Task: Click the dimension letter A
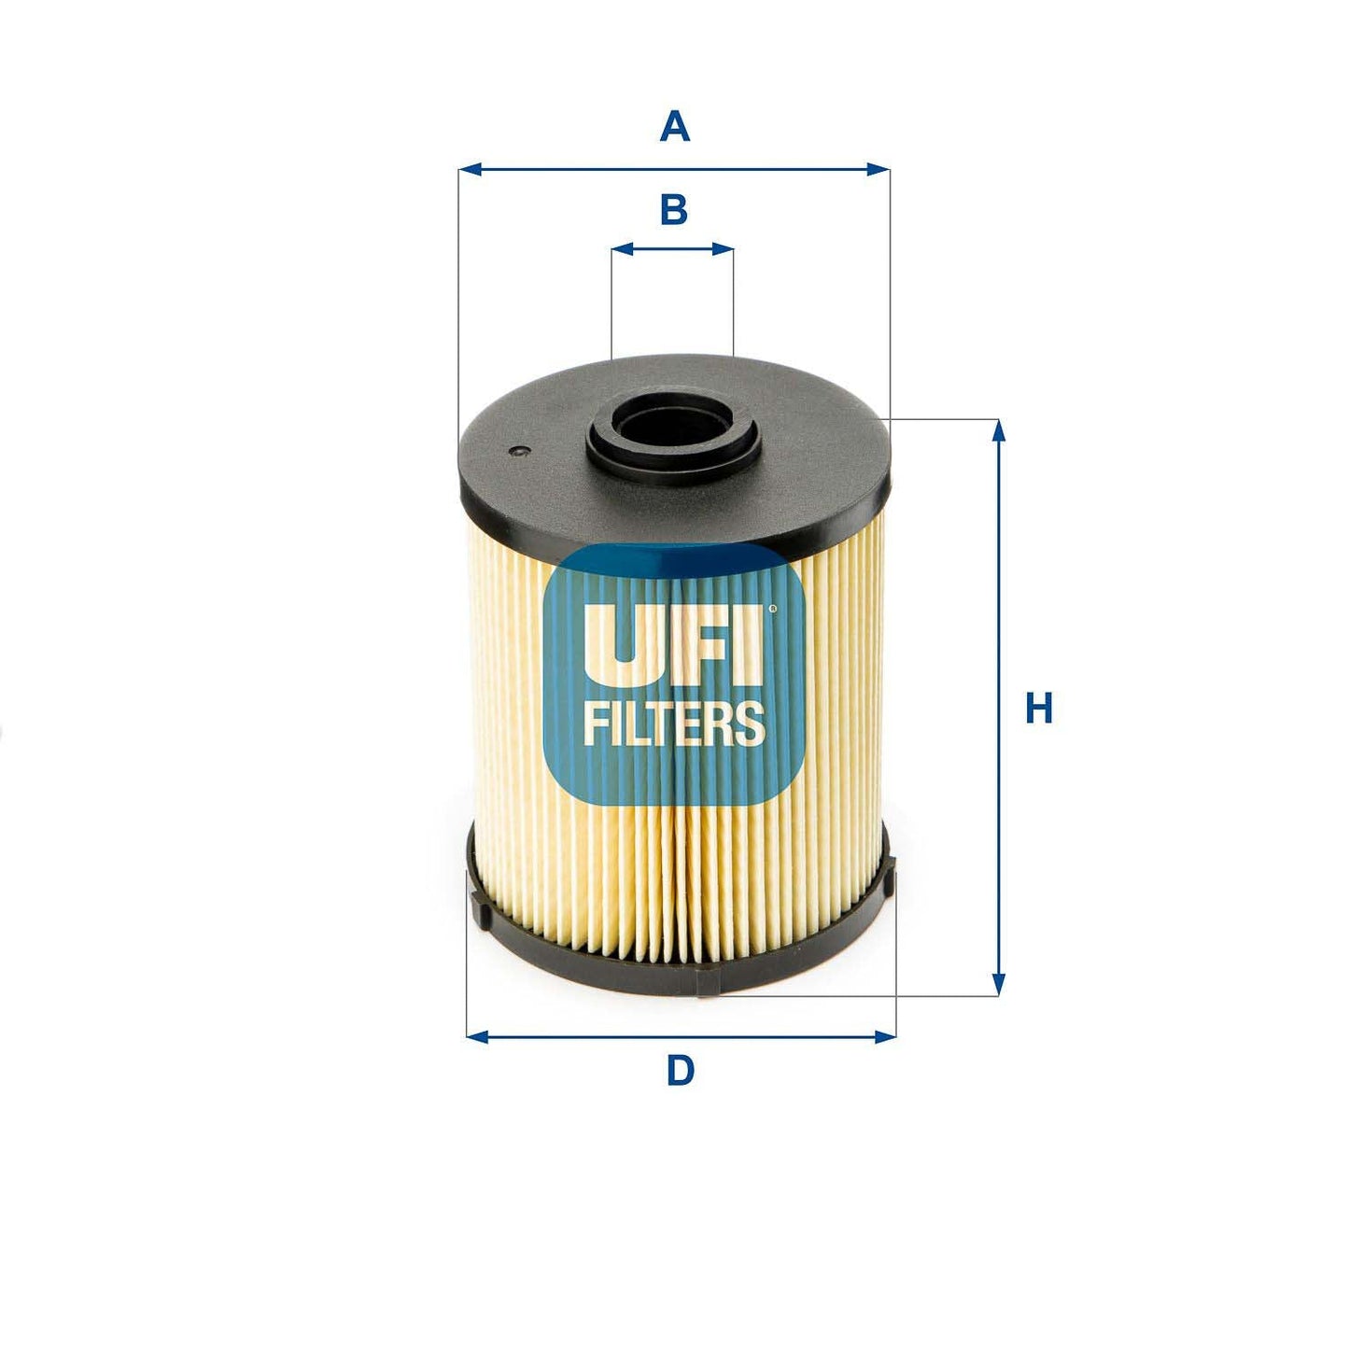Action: pyautogui.click(x=674, y=126)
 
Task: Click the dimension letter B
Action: pyautogui.click(x=673, y=210)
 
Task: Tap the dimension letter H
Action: pyautogui.click(x=1038, y=709)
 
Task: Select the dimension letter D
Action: pyautogui.click(x=680, y=1070)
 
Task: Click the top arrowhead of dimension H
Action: pyautogui.click(x=999, y=430)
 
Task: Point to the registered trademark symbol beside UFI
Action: pyautogui.click(x=771, y=610)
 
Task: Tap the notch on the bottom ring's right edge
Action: pyautogui.click(x=888, y=873)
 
